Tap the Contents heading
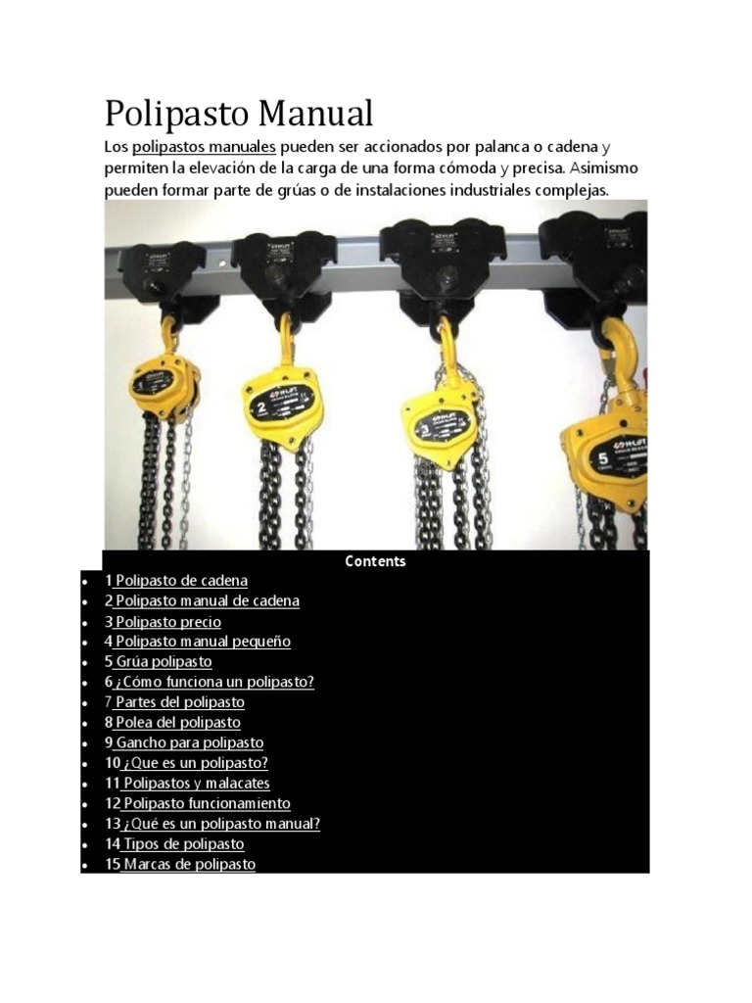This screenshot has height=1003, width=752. (x=375, y=561)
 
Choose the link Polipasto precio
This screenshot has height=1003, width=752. (x=167, y=622)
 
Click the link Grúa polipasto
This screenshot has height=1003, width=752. (x=163, y=662)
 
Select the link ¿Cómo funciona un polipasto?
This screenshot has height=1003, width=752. (x=213, y=683)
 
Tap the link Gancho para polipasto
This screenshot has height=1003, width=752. (x=188, y=743)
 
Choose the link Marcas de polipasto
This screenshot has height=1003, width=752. (x=187, y=865)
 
